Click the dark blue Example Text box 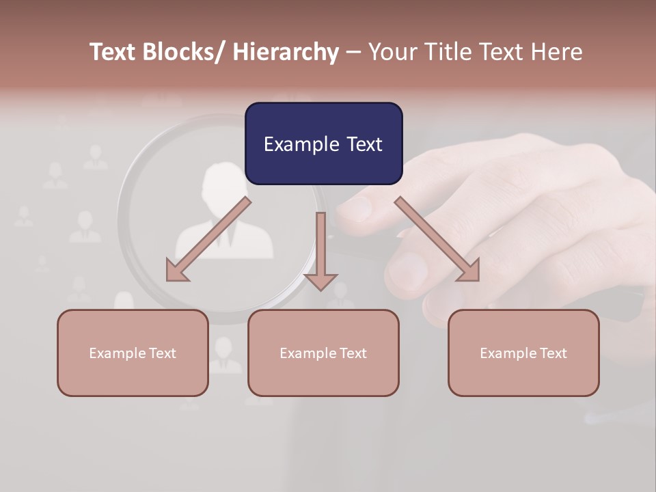(x=323, y=143)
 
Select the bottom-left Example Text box (x=133, y=353)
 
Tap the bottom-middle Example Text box (x=323, y=353)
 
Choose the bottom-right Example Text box (x=523, y=353)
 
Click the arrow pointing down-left (x=208, y=240)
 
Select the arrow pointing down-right (x=437, y=239)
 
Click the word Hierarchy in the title (x=286, y=52)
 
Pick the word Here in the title (x=555, y=52)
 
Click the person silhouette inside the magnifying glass (x=224, y=212)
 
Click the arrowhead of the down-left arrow (x=176, y=271)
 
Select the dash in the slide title (x=353, y=52)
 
